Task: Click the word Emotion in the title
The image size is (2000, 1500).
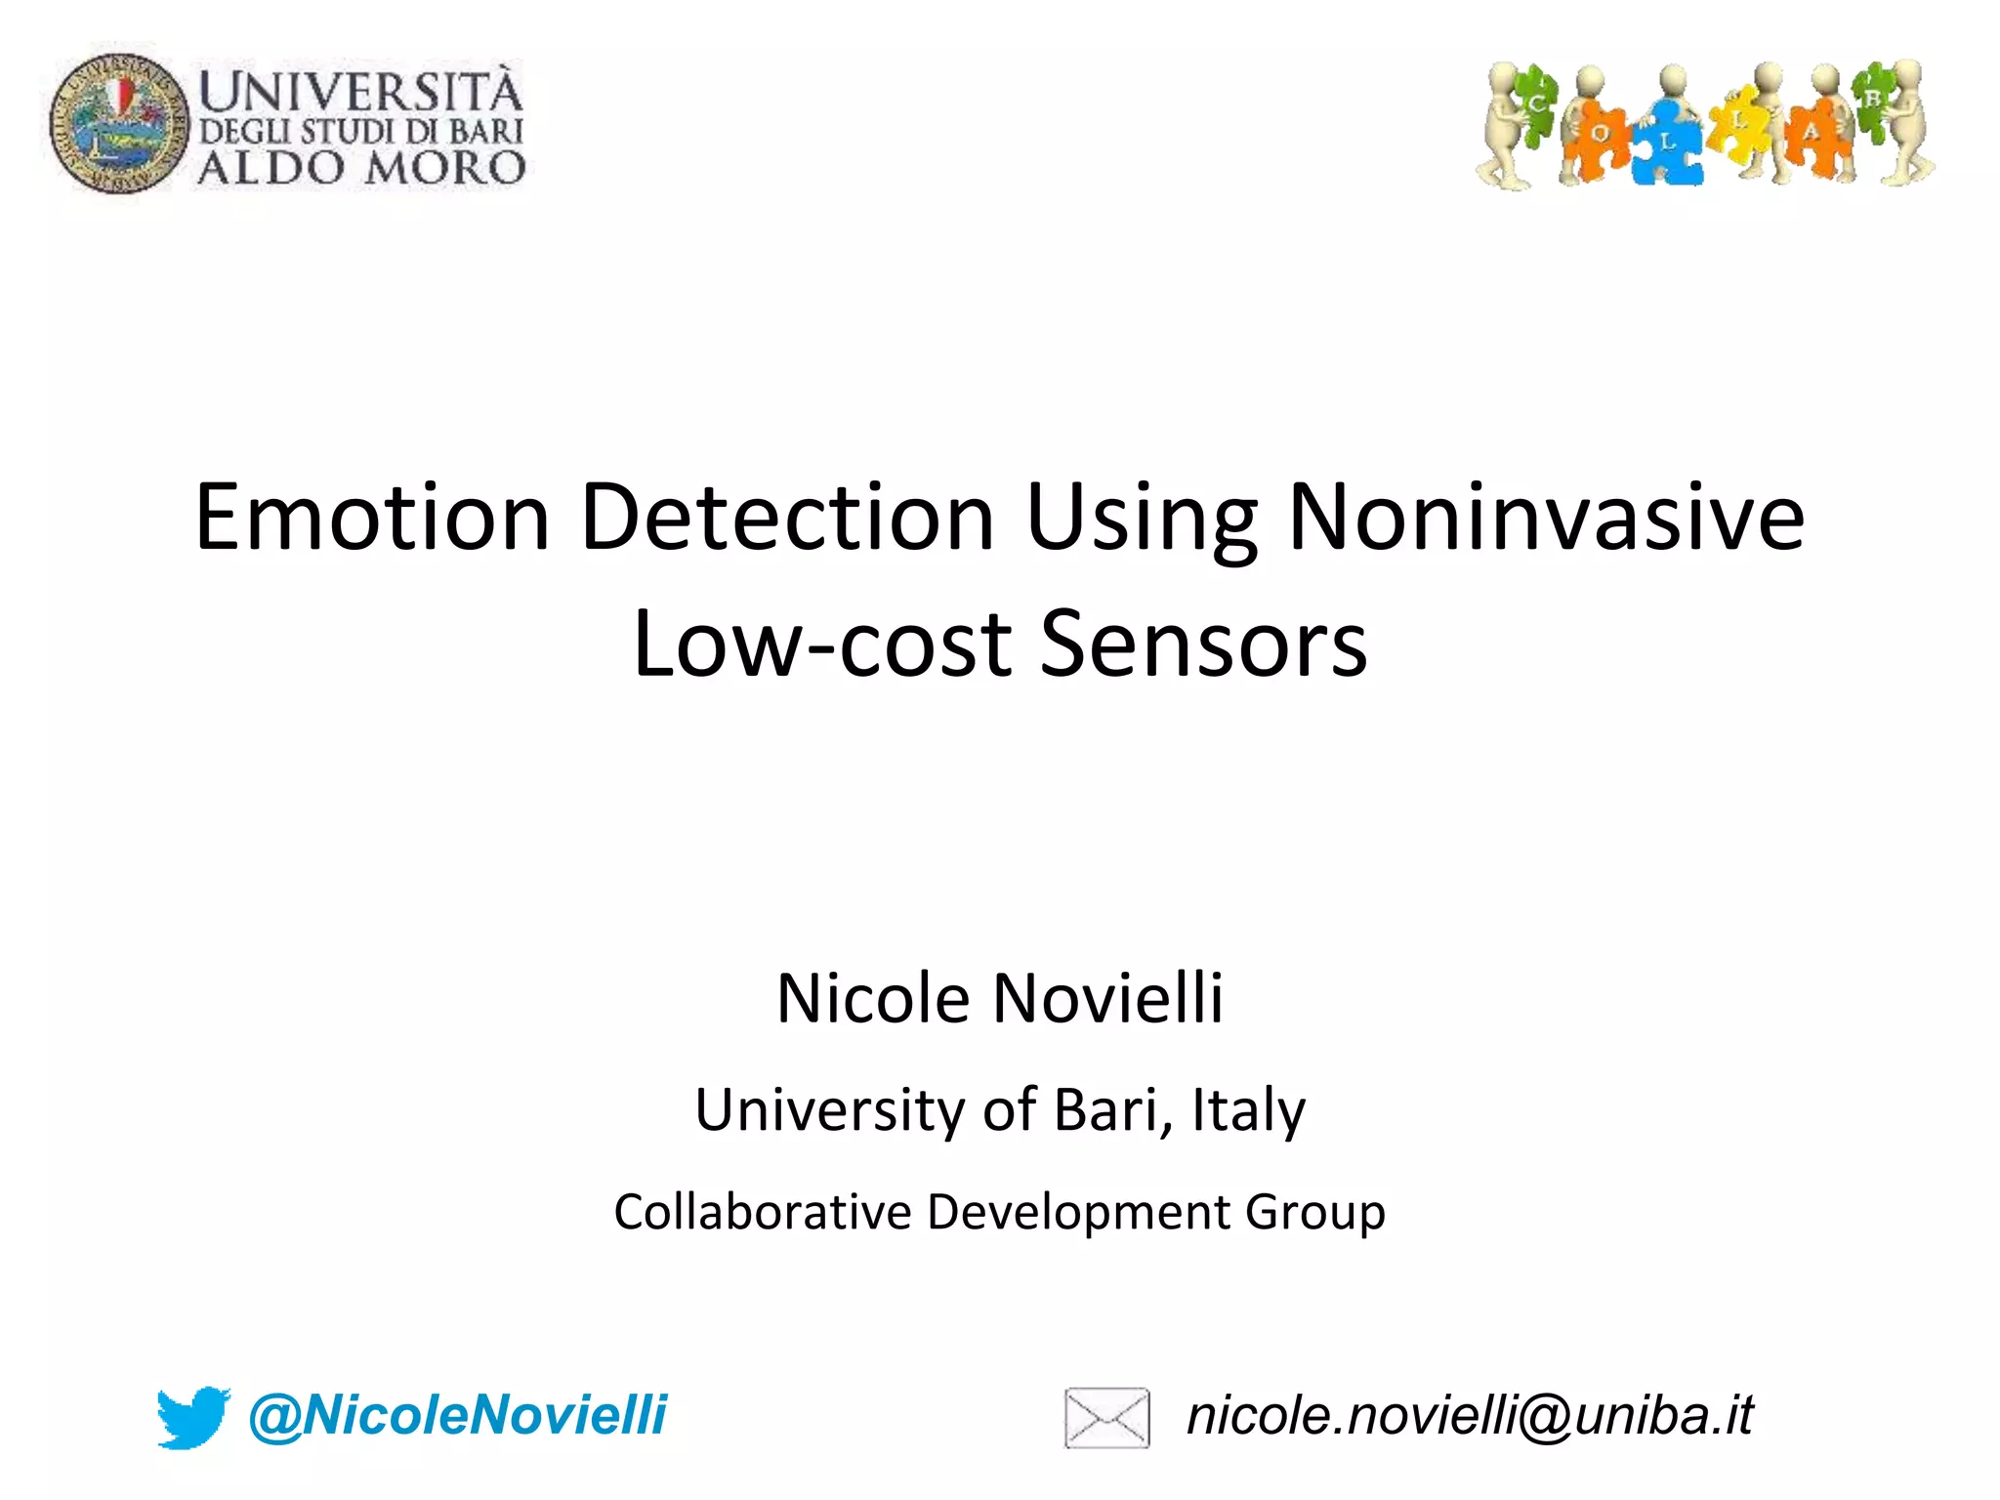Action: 372,518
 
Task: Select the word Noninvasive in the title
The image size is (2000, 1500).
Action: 1546,518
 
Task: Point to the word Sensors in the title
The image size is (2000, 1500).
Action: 1203,644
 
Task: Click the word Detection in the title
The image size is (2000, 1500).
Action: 787,518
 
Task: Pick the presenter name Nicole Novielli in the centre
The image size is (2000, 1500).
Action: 999,999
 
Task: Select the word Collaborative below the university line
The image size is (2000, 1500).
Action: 761,1212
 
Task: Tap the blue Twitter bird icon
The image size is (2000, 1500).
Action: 193,1416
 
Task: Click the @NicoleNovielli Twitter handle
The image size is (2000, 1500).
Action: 457,1415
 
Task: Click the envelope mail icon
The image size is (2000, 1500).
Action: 1106,1417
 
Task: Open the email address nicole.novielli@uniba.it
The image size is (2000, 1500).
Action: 1470,1415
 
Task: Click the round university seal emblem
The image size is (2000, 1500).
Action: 119,123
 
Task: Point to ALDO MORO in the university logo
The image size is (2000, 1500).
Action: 361,168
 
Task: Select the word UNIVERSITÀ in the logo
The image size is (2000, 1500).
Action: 361,93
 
